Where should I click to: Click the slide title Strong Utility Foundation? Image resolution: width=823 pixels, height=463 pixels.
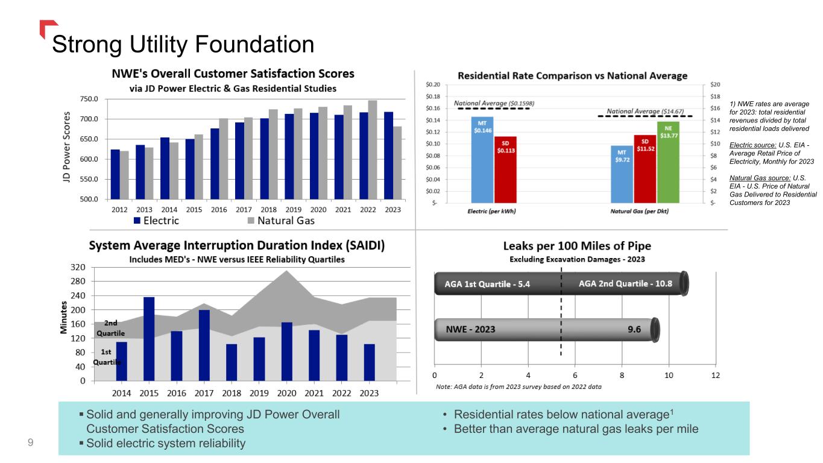183,43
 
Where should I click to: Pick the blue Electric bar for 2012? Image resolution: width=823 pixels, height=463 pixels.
115,174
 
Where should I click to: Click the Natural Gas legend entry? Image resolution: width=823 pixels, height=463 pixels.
280,221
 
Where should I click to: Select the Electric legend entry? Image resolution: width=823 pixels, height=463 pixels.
156,221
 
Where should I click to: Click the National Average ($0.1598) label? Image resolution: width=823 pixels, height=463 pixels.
494,103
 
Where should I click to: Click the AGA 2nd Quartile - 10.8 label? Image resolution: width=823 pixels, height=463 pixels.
625,283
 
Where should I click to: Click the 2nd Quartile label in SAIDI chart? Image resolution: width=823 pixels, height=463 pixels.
110,328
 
